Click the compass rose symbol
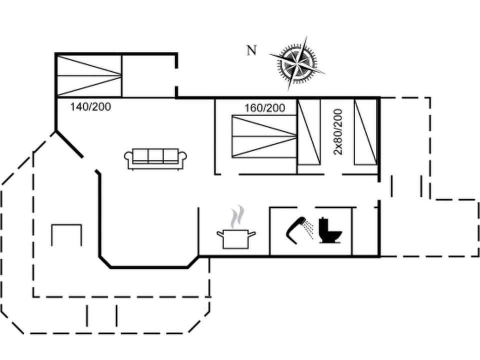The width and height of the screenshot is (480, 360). pyautogui.click(x=297, y=63)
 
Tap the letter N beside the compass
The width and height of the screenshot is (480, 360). pyautogui.click(x=251, y=50)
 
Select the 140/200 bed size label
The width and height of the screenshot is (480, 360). pyautogui.click(x=90, y=106)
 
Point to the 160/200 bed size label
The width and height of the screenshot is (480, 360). pyautogui.click(x=264, y=108)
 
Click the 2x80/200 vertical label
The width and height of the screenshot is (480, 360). pyautogui.click(x=338, y=131)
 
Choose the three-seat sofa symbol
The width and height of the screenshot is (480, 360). pyautogui.click(x=155, y=158)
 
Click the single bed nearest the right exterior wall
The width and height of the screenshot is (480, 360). pyautogui.click(x=365, y=132)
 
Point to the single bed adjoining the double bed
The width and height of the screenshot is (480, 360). pyautogui.click(x=308, y=132)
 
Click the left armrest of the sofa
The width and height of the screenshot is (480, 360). pyautogui.click(x=128, y=159)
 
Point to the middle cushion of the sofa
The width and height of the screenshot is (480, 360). pyautogui.click(x=155, y=156)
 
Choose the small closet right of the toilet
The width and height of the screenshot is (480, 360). pyautogui.click(x=365, y=231)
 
